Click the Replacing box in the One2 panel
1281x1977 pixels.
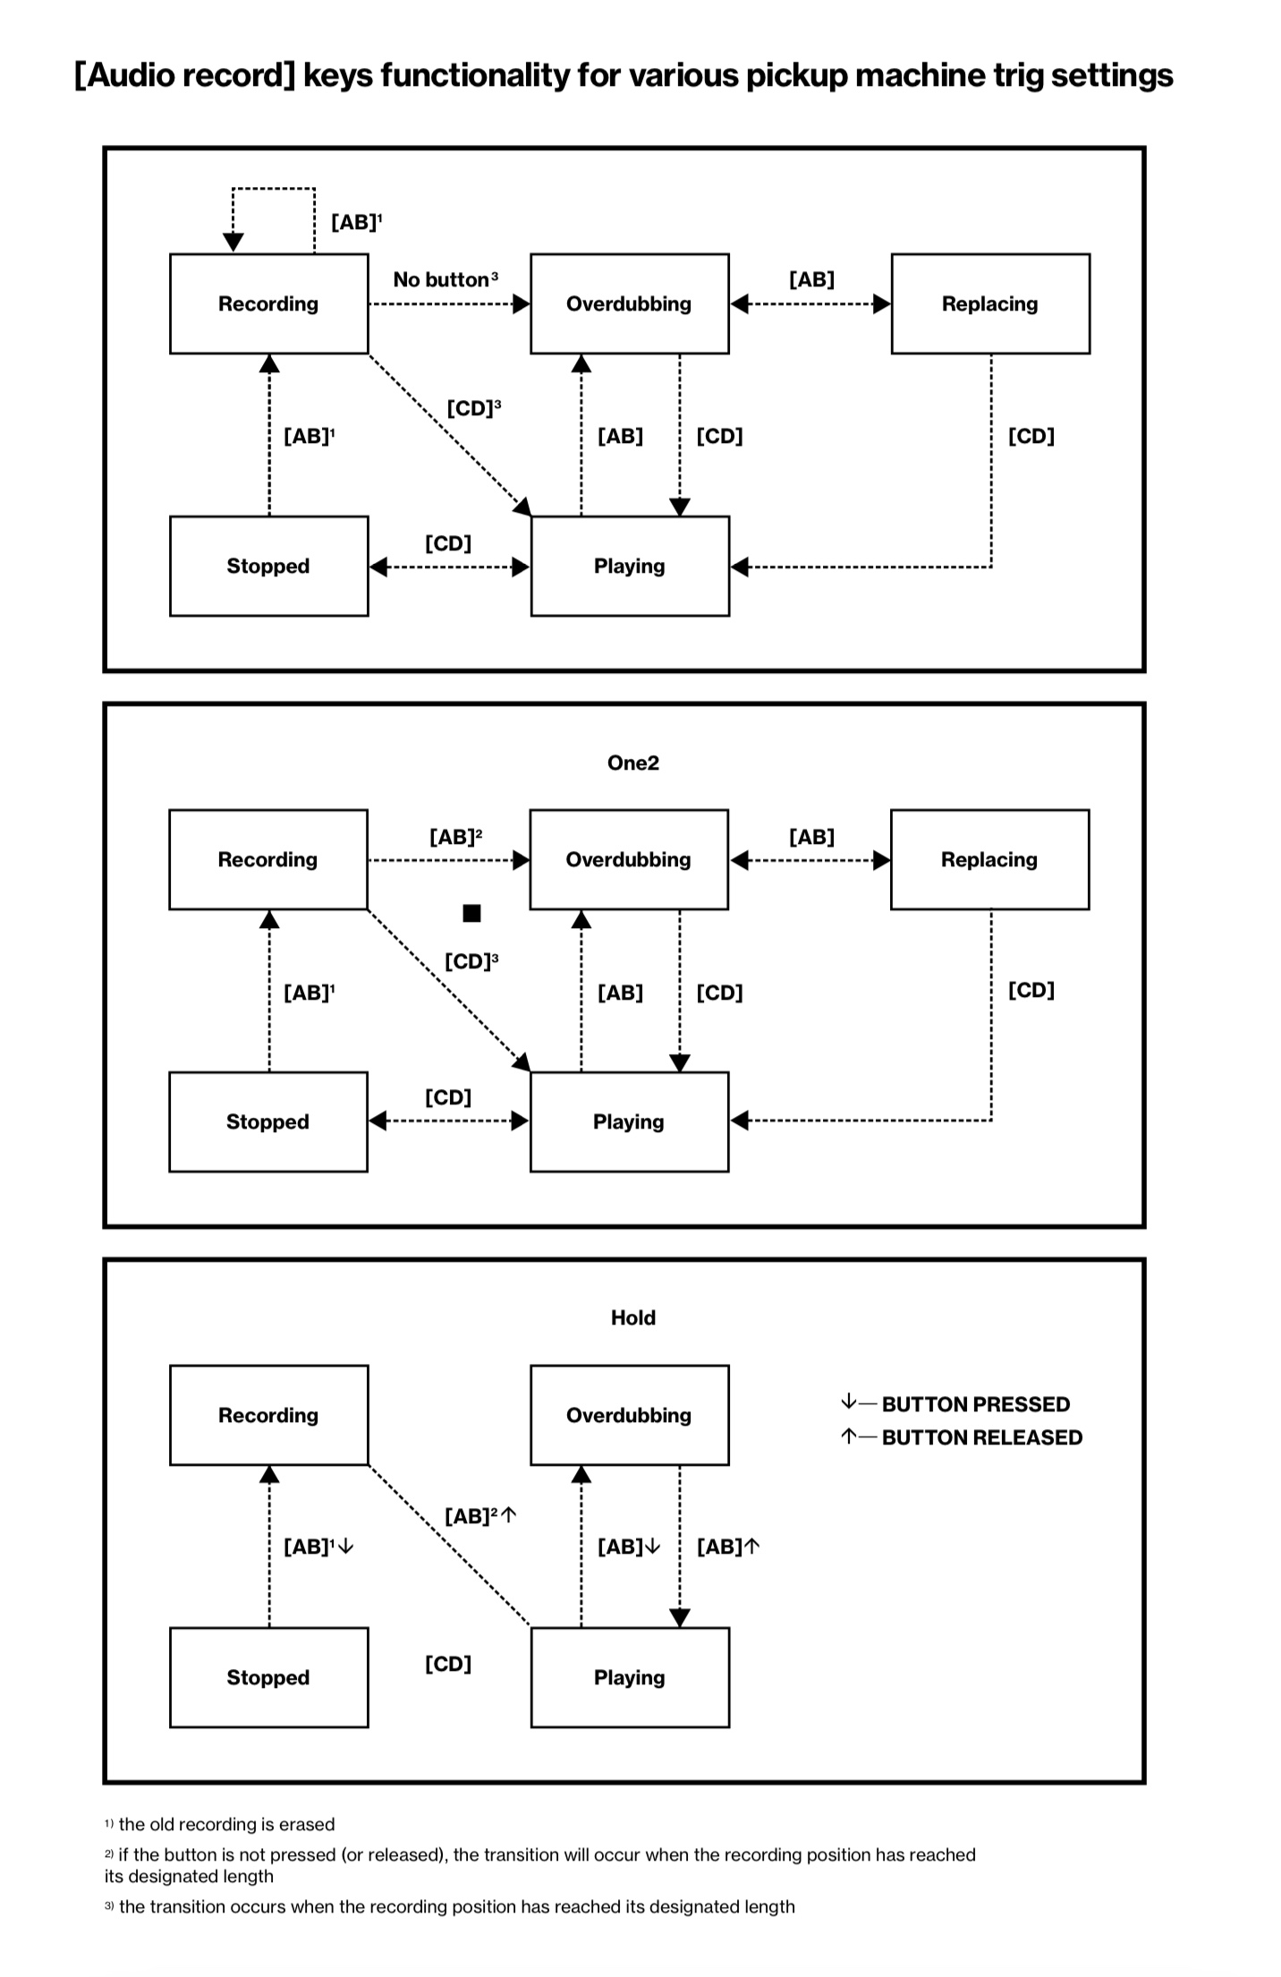click(x=989, y=859)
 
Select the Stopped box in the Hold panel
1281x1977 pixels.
click(x=268, y=1677)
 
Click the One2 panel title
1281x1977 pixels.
click(x=632, y=763)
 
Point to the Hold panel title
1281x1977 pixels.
click(x=632, y=1317)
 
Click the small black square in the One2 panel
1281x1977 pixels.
click(x=471, y=913)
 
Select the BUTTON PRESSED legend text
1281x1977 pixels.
click(x=975, y=1404)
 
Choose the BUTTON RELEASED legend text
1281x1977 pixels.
click(x=981, y=1437)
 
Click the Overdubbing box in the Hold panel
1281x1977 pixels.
click(x=629, y=1415)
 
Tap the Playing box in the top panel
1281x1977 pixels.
click(x=630, y=566)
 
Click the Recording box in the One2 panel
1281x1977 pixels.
click(x=267, y=859)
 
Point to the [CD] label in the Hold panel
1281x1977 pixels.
click(x=447, y=1664)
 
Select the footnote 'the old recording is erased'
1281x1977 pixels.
click(x=225, y=1824)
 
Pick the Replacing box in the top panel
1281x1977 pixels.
click(x=990, y=303)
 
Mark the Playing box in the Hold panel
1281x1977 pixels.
click(x=630, y=1677)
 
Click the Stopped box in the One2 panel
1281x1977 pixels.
click(x=267, y=1121)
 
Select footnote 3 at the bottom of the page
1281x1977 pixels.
click(x=456, y=1906)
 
